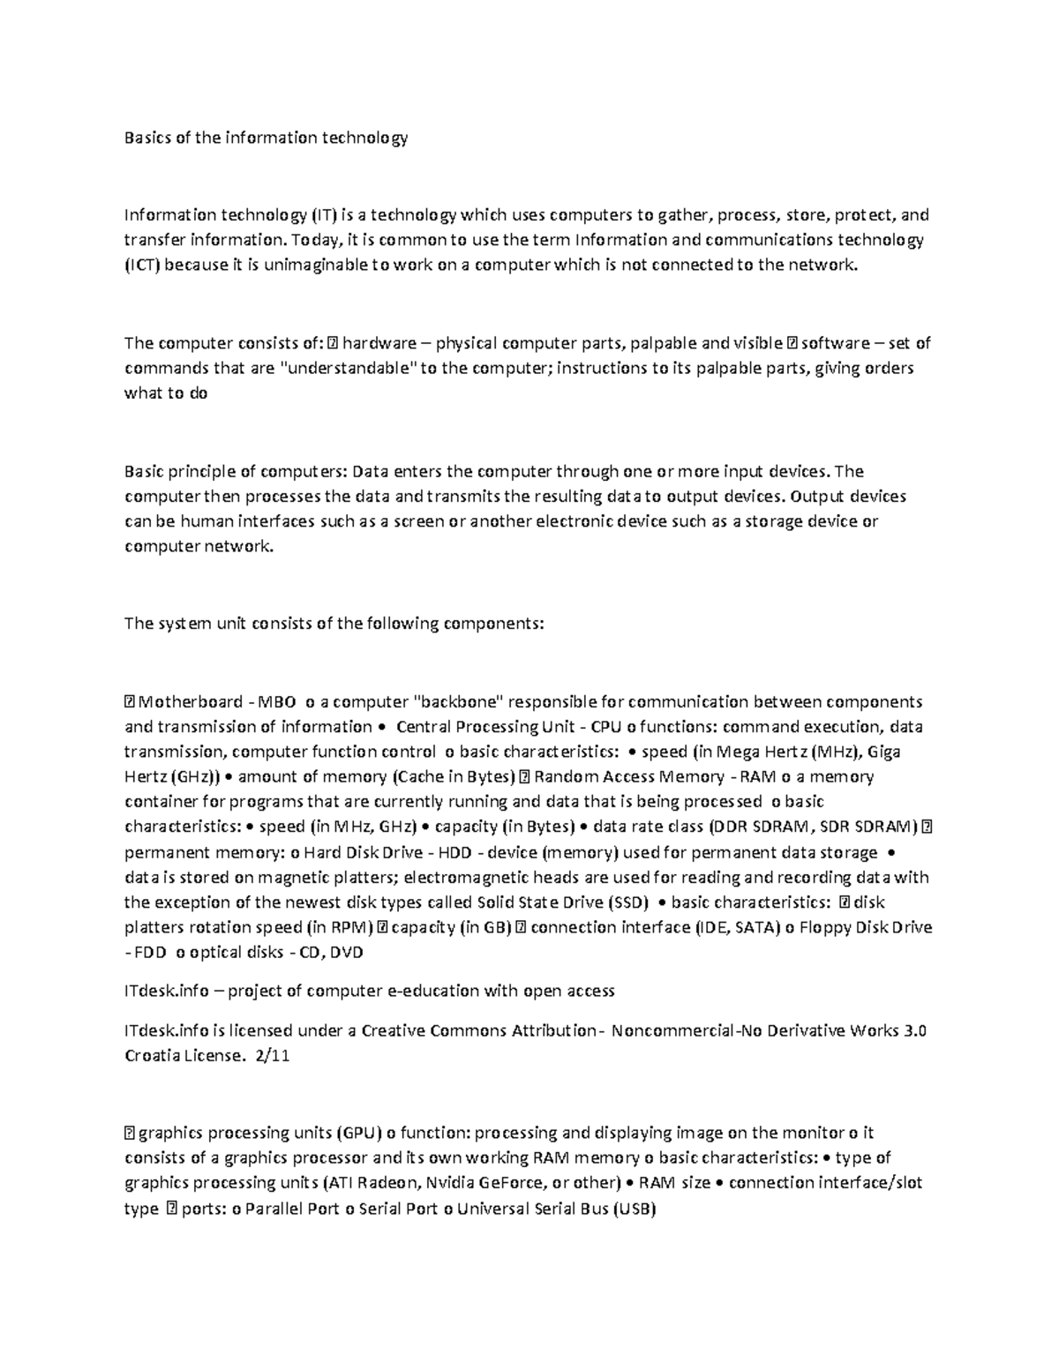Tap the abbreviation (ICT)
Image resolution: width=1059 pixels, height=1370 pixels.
click(x=142, y=265)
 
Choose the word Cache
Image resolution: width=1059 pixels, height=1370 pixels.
click(x=414, y=777)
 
